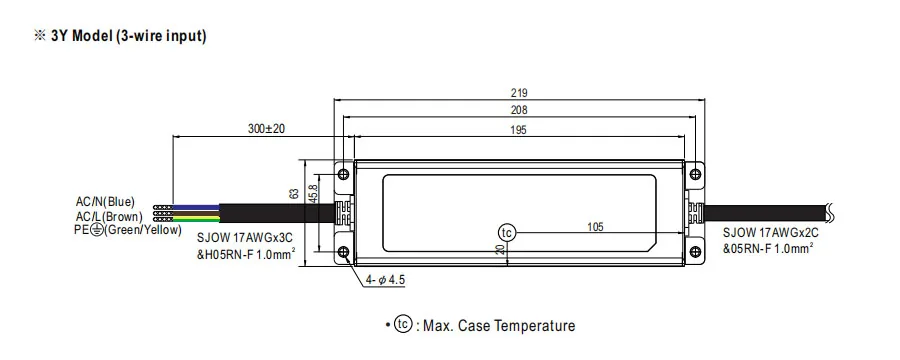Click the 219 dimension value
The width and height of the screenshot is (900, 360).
(518, 92)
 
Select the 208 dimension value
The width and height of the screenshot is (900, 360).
(518, 110)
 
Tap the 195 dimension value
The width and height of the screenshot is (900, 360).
(518, 130)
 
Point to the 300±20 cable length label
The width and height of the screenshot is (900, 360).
(266, 129)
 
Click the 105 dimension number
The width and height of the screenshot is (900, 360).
(595, 227)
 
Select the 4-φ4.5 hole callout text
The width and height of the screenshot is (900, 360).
(386, 280)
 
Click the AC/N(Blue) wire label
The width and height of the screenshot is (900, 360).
(106, 202)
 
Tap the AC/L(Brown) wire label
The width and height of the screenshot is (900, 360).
(109, 216)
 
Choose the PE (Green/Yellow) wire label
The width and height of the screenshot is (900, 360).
(128, 230)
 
